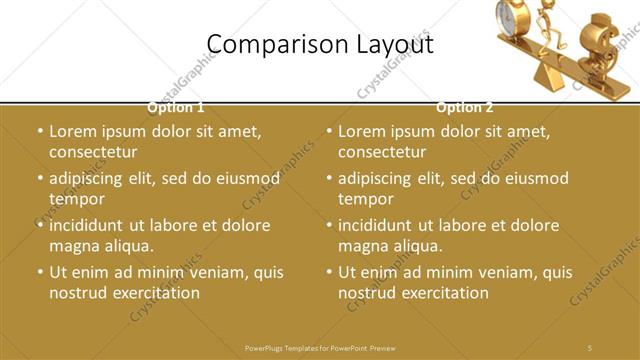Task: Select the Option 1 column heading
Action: (x=176, y=107)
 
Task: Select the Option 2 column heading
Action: (x=465, y=107)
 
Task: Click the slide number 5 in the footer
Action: (x=590, y=348)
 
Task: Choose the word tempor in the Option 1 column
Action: (x=71, y=198)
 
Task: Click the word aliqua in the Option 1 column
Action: (x=127, y=246)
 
